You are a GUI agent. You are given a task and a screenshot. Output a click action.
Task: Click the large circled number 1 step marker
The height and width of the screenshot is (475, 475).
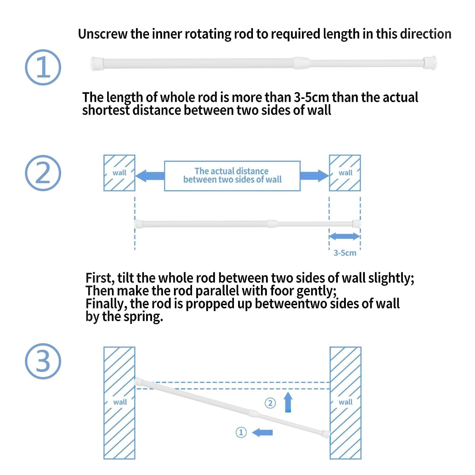coord(43,67)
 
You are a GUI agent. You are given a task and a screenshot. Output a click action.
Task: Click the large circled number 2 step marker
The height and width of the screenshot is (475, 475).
coord(43,173)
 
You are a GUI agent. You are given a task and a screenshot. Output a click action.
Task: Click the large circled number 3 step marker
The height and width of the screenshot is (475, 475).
coord(43,361)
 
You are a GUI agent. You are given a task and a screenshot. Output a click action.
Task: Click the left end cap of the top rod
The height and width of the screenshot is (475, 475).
coord(96,64)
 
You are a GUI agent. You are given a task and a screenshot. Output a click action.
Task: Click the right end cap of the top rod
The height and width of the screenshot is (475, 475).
coord(430,63)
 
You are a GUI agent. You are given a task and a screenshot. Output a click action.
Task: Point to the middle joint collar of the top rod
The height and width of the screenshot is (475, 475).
coord(301,63)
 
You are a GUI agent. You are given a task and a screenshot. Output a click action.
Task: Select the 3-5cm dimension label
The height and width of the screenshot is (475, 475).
coord(345,253)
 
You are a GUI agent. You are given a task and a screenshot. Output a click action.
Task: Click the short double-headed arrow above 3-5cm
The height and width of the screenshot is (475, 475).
coord(344,236)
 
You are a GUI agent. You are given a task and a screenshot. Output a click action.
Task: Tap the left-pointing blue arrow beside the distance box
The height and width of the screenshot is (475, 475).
coord(150,176)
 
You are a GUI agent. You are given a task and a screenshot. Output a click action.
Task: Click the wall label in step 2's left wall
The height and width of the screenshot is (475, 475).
coord(119,173)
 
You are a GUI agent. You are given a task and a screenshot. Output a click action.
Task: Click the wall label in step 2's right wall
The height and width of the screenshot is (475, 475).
coord(346,173)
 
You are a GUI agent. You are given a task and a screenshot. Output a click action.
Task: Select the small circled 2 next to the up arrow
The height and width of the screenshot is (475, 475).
coord(270,403)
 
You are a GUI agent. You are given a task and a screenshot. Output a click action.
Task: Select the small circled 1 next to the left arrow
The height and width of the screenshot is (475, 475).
coord(241,432)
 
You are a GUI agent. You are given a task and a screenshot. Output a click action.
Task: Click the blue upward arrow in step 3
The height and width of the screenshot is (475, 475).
coord(288,402)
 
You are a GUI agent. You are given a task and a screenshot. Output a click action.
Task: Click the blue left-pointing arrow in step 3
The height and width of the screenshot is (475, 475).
coord(262,432)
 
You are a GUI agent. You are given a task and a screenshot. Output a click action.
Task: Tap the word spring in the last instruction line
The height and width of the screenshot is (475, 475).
coord(143,317)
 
